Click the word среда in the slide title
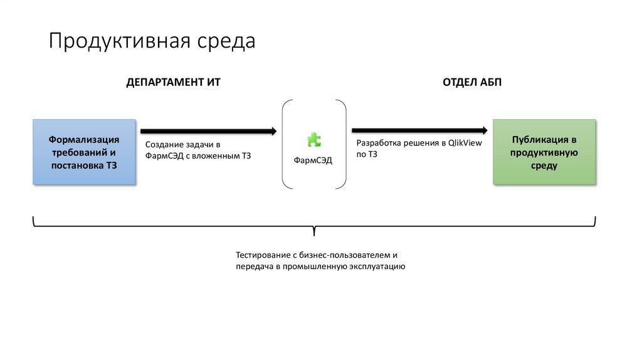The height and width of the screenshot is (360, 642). click(x=228, y=41)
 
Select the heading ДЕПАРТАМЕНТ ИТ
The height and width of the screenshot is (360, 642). click(x=173, y=82)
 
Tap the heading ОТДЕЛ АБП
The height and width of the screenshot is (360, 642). click(x=472, y=82)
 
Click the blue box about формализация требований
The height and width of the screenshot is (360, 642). click(x=84, y=152)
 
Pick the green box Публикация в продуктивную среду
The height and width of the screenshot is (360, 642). click(x=544, y=152)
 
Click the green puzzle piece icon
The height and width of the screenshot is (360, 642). click(x=313, y=139)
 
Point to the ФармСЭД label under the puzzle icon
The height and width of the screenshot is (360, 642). click(x=313, y=160)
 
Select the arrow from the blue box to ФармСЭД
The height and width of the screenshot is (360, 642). click(x=208, y=131)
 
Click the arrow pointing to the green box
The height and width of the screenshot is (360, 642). click(x=420, y=130)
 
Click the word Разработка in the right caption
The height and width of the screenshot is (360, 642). click(x=378, y=143)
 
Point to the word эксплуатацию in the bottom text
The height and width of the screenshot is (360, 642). click(x=376, y=267)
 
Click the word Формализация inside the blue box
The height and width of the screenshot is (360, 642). click(x=84, y=139)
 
